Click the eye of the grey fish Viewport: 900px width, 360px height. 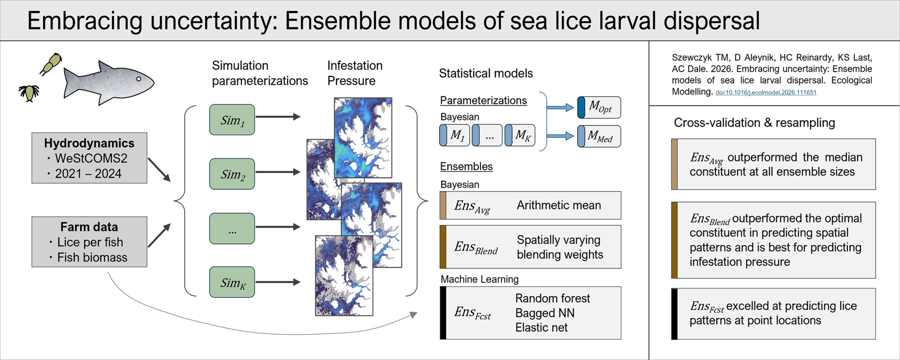[139, 79]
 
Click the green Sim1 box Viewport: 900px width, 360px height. [232, 120]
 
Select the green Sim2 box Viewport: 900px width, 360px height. [232, 174]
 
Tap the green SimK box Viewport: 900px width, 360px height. [232, 282]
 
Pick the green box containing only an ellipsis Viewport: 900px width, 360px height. [232, 228]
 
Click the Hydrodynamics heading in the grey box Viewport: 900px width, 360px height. [89, 143]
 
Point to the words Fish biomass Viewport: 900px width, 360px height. [92, 257]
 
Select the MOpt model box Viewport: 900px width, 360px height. [599, 107]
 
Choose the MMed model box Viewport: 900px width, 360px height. [599, 136]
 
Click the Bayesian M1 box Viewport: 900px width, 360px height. [455, 135]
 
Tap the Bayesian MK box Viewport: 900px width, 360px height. [520, 135]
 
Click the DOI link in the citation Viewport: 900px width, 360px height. [766, 92]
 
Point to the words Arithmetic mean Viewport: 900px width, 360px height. [559, 205]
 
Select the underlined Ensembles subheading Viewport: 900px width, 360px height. [466, 166]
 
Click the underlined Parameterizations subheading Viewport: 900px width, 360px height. [483, 100]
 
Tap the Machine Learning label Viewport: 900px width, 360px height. [479, 279]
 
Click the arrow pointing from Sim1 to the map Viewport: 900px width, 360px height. [278, 117]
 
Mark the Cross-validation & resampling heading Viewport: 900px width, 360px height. [754, 122]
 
